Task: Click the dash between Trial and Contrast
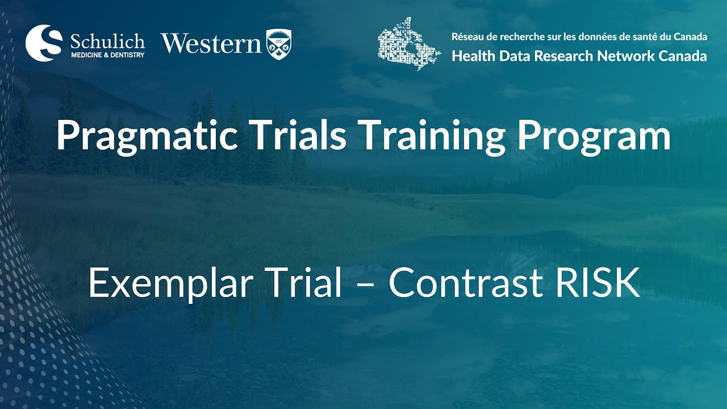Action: pos(365,285)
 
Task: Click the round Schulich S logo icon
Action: pos(44,43)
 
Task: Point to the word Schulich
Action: pos(107,41)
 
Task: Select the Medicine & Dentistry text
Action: pos(107,55)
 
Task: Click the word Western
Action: pos(211,43)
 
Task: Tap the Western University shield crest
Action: pos(279,43)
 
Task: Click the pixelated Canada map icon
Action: pos(408,43)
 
